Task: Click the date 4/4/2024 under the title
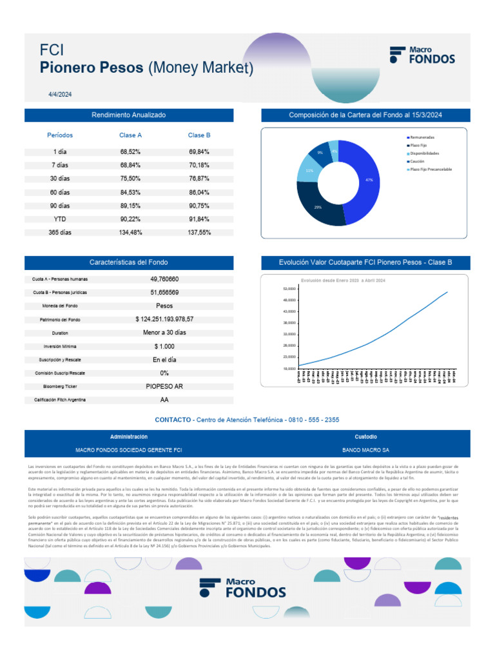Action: (x=60, y=94)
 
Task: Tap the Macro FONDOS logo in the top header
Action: (x=422, y=55)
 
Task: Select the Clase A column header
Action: (x=130, y=135)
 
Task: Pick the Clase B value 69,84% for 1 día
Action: (x=199, y=151)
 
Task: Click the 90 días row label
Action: (x=59, y=206)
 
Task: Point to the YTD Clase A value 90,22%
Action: (x=130, y=219)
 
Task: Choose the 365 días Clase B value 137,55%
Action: (x=199, y=233)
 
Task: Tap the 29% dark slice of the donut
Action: (x=318, y=207)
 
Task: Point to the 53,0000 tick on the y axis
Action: (x=289, y=289)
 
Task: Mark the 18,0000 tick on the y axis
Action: (x=289, y=368)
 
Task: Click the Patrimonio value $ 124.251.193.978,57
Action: (x=164, y=319)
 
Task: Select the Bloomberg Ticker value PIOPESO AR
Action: (x=164, y=387)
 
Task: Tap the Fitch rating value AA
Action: (x=164, y=400)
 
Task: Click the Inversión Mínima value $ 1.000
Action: (x=164, y=346)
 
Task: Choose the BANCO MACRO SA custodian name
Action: (x=365, y=450)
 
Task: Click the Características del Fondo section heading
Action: (x=129, y=262)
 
